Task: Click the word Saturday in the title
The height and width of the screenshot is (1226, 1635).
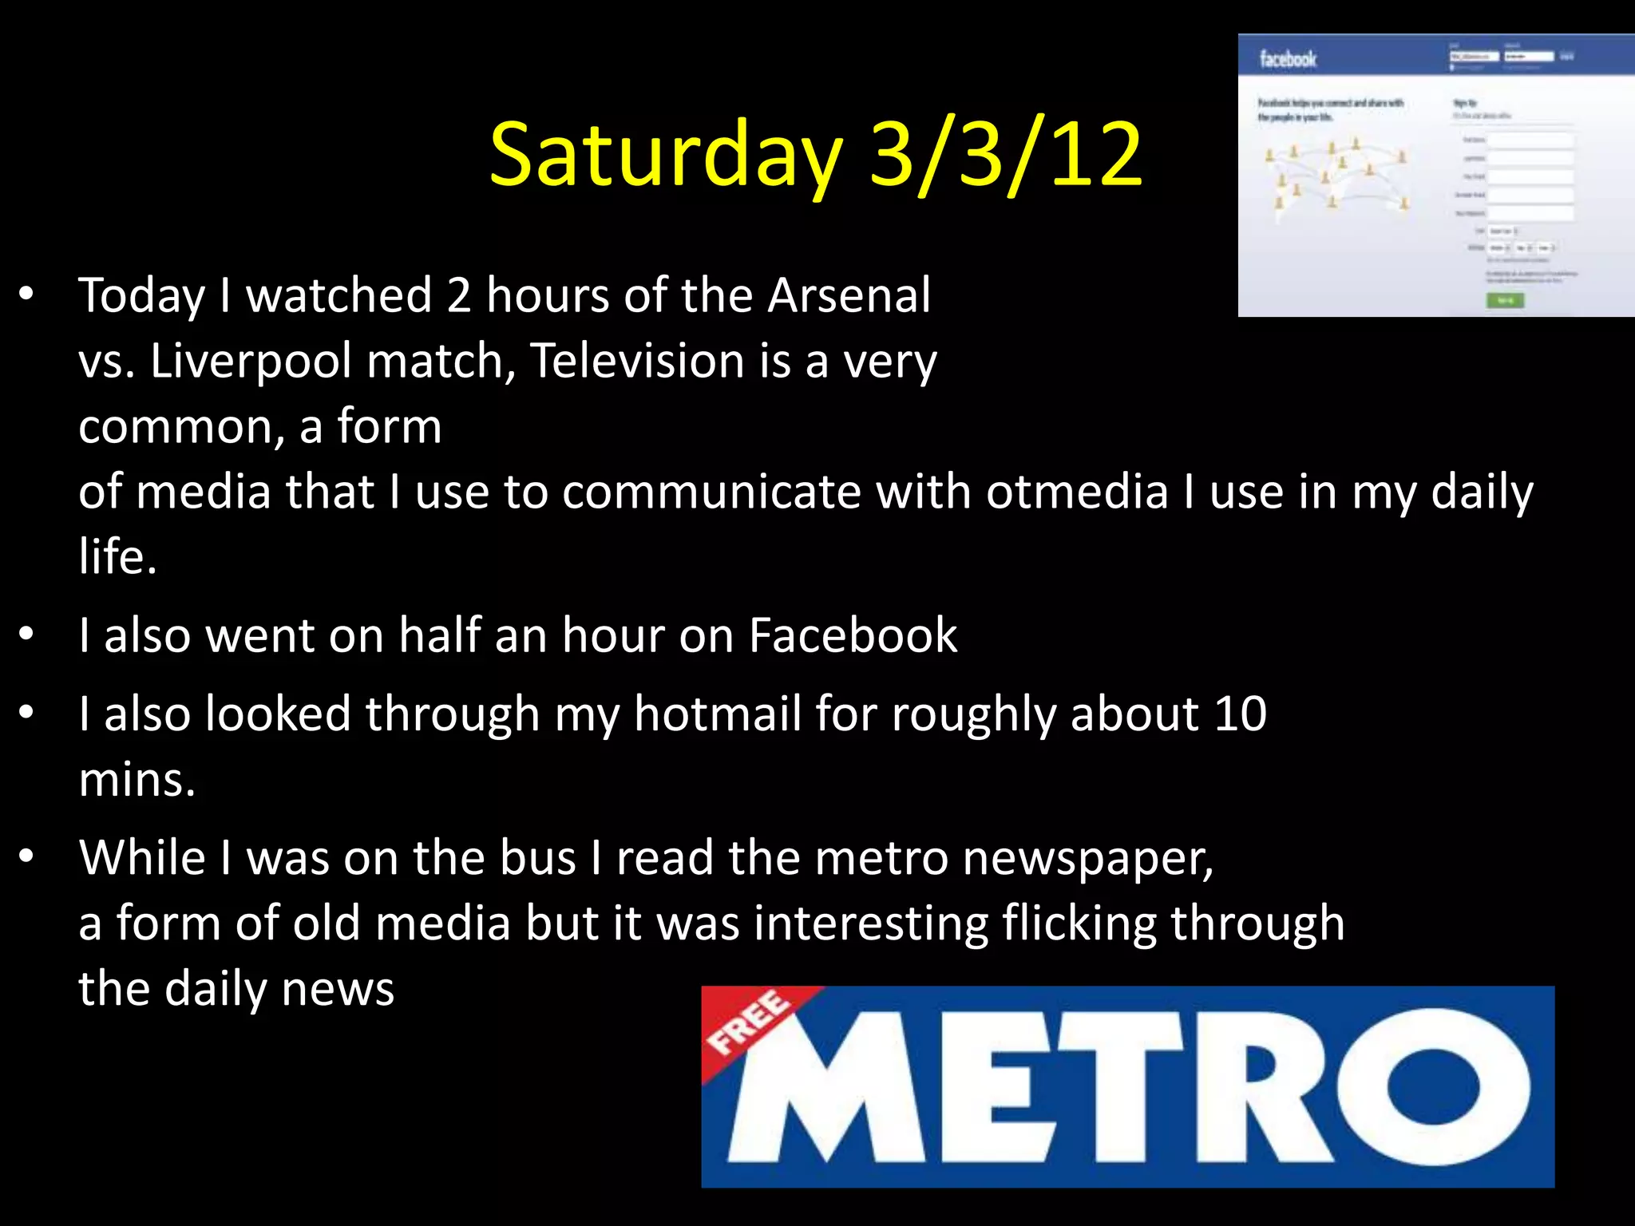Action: pos(666,155)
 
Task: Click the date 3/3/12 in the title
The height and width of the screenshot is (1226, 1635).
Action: pos(1006,155)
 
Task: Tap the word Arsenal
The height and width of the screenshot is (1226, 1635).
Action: pos(849,295)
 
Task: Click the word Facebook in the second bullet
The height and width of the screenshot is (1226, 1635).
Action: pos(853,636)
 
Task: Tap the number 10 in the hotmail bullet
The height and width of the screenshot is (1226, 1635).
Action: pos(1240,714)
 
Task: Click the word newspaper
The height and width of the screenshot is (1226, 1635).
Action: pos(1087,858)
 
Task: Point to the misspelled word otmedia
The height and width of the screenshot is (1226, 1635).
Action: pos(1078,492)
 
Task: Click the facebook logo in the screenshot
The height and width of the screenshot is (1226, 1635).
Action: pos(1288,59)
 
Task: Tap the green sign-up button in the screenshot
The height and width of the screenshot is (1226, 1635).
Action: pos(1505,300)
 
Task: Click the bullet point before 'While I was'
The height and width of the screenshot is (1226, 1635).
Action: pos(27,856)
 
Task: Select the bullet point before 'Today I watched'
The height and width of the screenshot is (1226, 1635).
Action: pos(27,295)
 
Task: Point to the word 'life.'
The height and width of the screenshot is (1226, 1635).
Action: pos(117,557)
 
